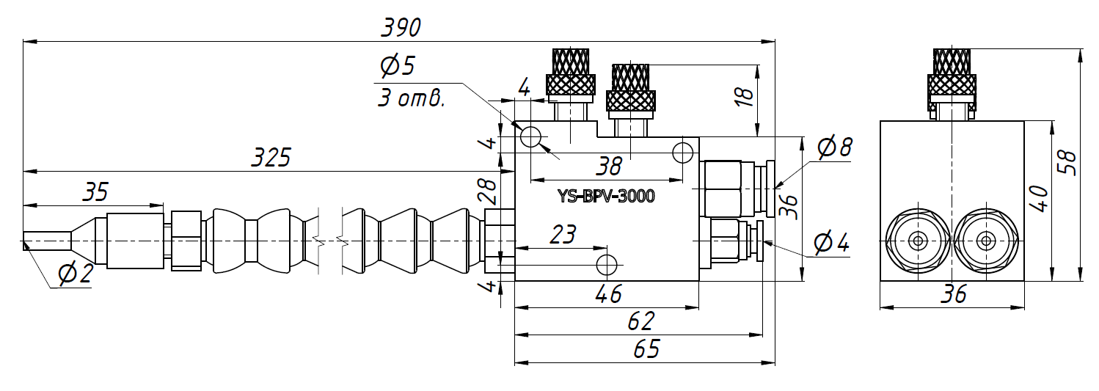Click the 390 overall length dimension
click(x=401, y=28)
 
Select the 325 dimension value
click(x=271, y=157)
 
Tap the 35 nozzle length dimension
click(x=95, y=191)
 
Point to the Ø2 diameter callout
click(x=76, y=273)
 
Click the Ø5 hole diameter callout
click(x=398, y=66)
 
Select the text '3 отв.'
click(x=411, y=98)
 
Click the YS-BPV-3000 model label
click(x=606, y=197)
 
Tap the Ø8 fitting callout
click(x=835, y=147)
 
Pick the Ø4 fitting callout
click(x=831, y=243)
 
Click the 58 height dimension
click(x=1067, y=163)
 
